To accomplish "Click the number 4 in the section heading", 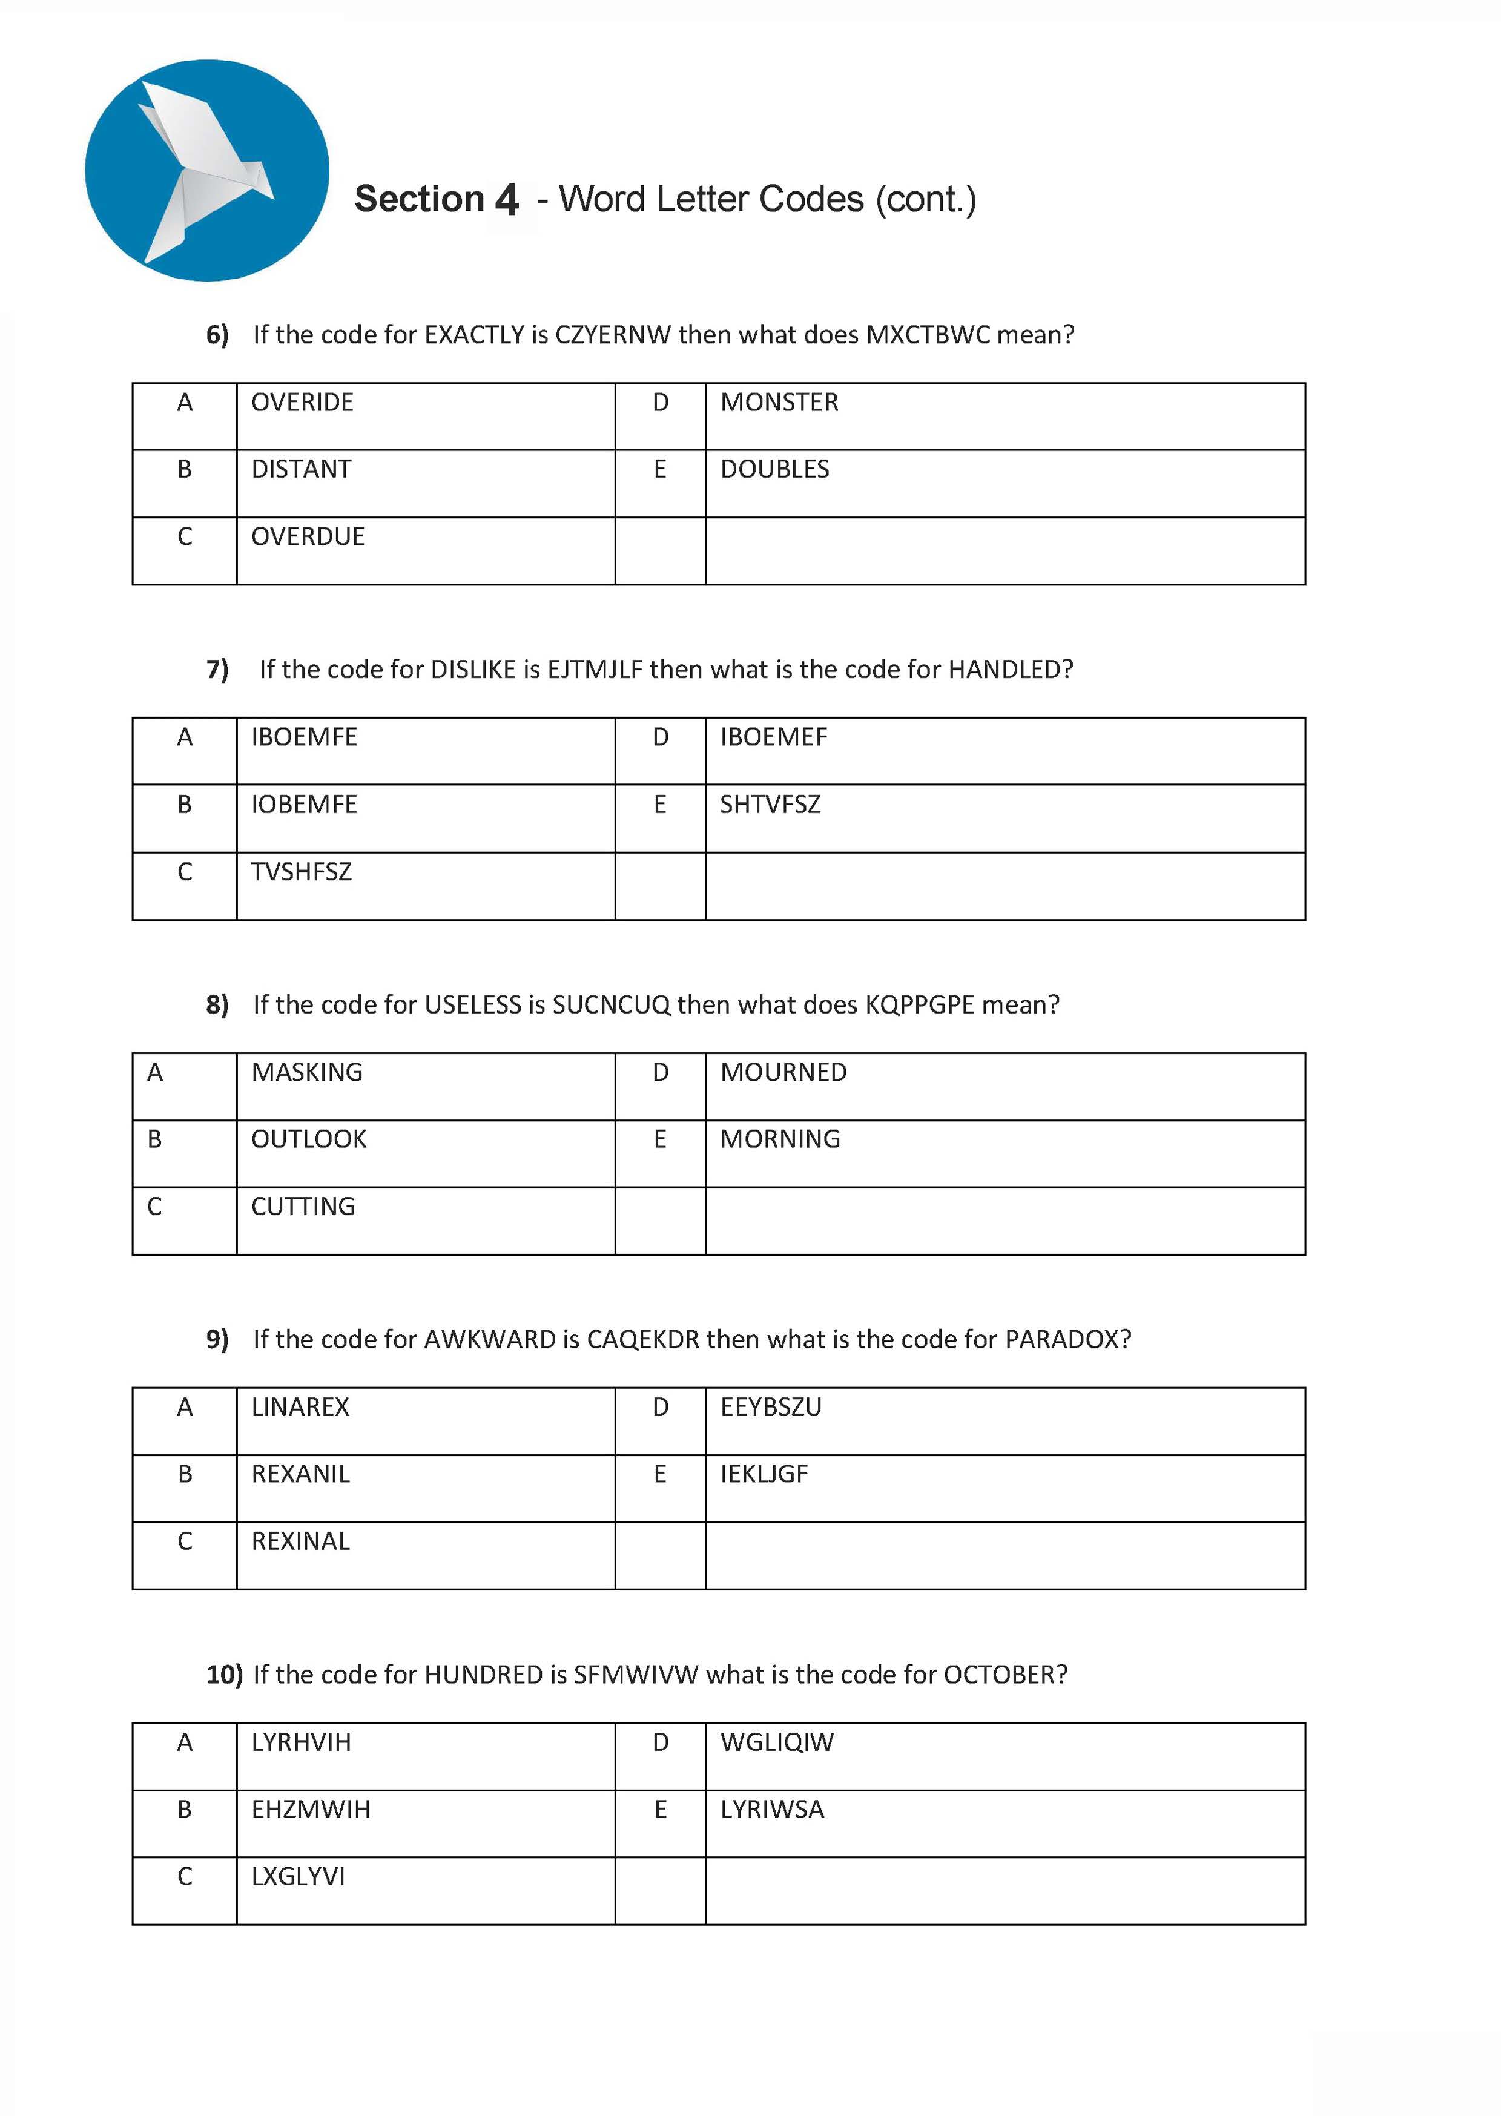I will pos(507,200).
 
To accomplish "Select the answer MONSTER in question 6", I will pos(779,403).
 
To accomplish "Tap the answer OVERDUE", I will pos(308,537).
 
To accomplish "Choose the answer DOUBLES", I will pos(774,469).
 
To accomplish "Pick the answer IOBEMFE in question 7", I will pos(304,805).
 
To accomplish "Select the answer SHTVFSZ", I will pos(770,805).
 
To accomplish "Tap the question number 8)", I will pos(217,1006).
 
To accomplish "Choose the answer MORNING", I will pos(780,1139).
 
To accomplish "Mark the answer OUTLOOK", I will pos(309,1139).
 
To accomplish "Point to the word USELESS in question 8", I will pos(472,1006).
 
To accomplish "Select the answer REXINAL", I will pos(300,1541).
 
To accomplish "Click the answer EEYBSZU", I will pos(771,1407).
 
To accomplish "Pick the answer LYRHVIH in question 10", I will pos(302,1742).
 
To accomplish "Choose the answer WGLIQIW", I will pos(776,1742).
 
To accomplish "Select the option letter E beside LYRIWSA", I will pos(660,1809).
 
